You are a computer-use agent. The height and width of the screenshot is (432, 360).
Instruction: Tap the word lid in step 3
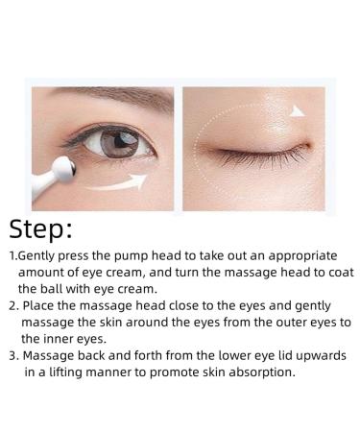point(259,355)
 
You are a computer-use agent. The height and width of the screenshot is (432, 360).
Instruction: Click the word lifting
point(60,371)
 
